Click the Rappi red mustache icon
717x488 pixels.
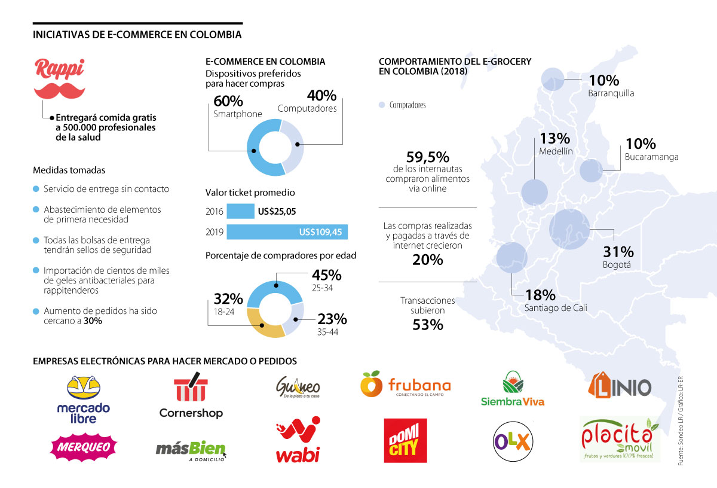(59, 90)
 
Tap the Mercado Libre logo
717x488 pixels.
(84, 399)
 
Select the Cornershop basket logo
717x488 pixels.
(191, 395)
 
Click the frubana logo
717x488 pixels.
(406, 385)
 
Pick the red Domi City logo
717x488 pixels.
(405, 441)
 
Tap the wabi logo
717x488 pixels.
(298, 441)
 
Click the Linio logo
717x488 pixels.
(620, 386)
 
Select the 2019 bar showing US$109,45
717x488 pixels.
(287, 232)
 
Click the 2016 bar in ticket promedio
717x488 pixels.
(240, 211)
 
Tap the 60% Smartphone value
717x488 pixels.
(228, 101)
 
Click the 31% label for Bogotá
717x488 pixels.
(618, 252)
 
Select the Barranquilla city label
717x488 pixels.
(611, 93)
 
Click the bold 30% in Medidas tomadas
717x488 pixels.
(93, 321)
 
